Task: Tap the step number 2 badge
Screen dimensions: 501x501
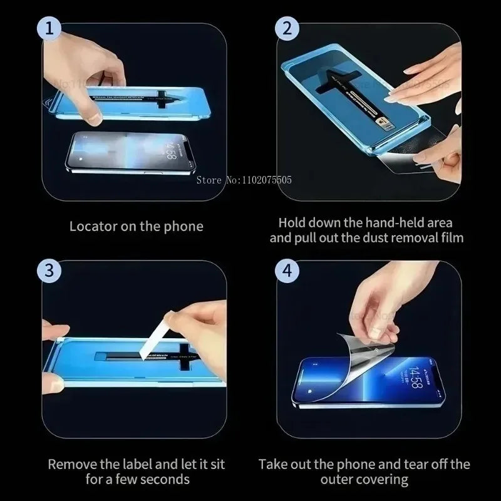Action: point(287,28)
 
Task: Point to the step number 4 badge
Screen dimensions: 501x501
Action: point(287,271)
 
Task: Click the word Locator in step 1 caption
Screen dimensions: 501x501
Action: point(93,226)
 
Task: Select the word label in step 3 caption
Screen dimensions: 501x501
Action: point(132,465)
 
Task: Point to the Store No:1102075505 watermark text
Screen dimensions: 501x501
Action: point(244,180)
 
